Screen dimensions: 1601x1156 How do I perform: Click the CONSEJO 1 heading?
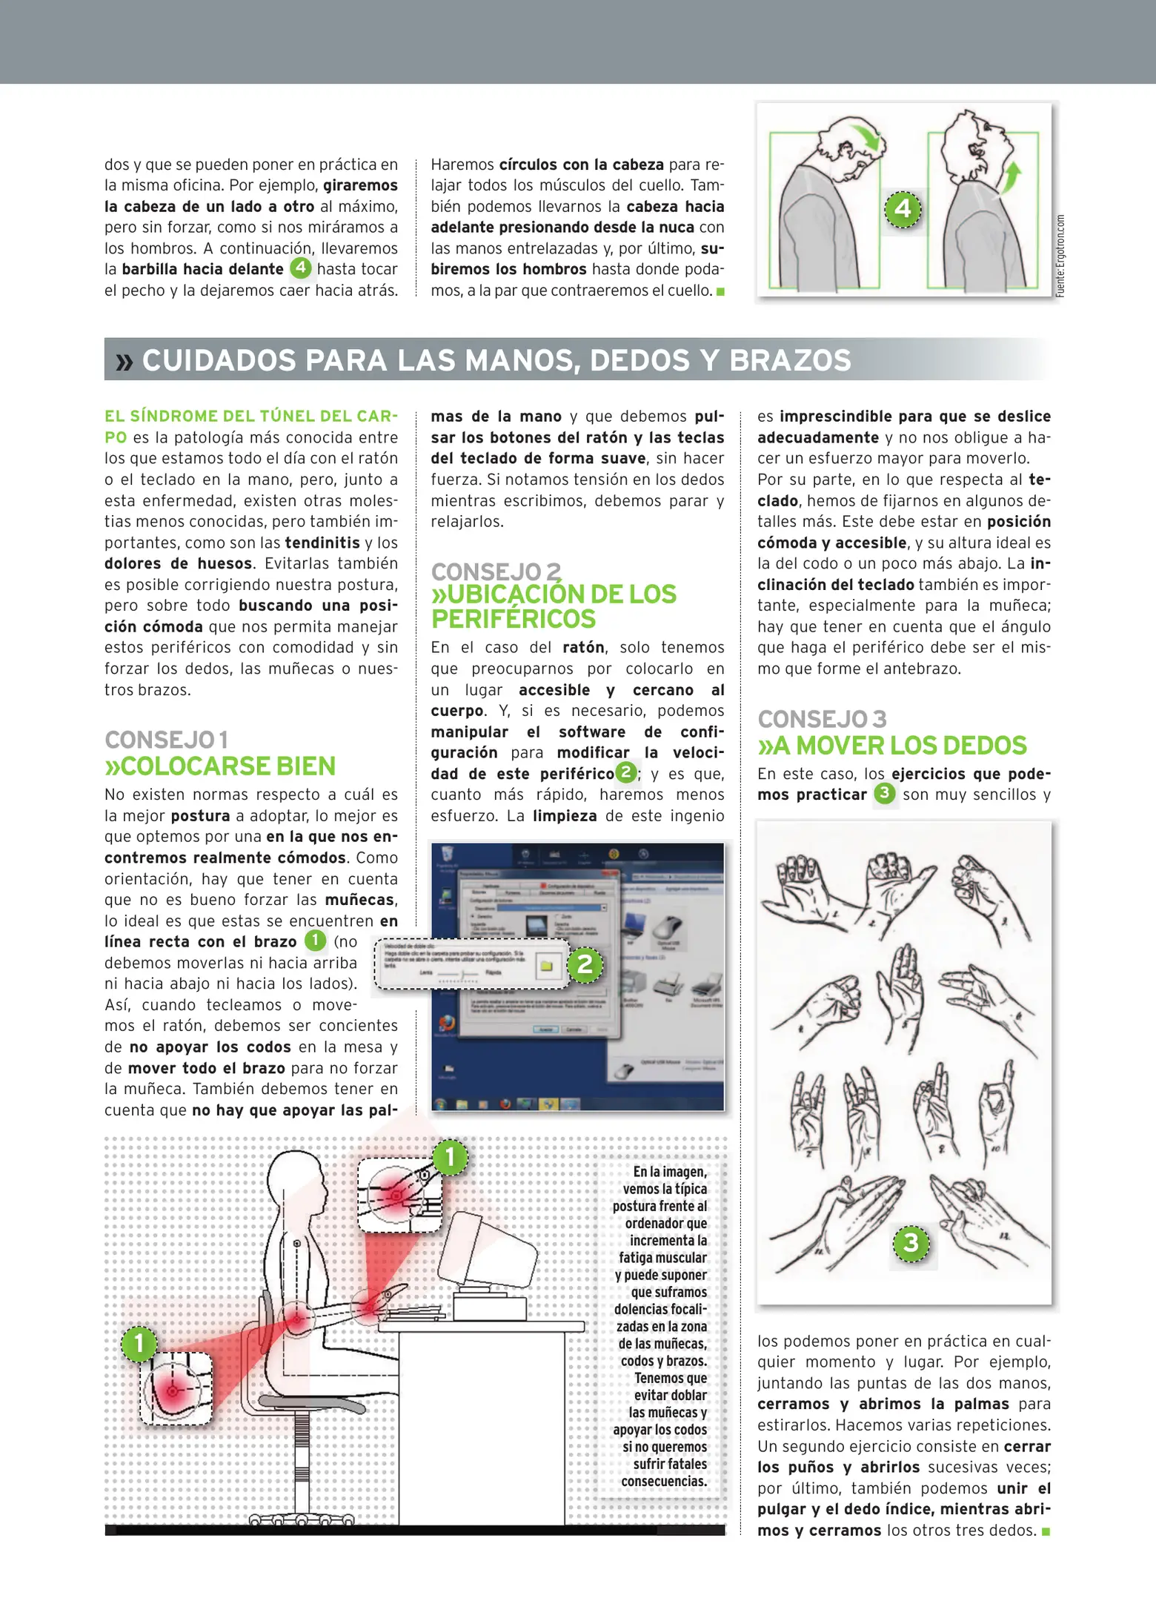coord(167,740)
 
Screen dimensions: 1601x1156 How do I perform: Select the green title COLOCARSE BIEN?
coord(220,766)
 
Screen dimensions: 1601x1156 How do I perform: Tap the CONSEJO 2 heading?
coord(496,571)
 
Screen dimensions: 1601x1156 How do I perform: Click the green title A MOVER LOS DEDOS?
coord(892,745)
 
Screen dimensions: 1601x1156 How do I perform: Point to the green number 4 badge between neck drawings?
coord(903,209)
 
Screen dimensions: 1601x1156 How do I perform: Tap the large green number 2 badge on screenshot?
coord(585,964)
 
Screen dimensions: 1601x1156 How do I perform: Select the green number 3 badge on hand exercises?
coord(911,1242)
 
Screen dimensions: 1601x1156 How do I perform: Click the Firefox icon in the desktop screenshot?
coord(446,1024)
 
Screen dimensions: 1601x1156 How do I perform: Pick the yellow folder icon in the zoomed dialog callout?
coord(547,966)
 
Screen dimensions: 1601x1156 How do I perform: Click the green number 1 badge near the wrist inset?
coord(450,1157)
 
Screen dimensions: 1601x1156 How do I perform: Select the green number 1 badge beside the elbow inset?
coord(139,1343)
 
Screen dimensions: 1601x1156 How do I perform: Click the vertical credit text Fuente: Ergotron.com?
coord(1060,256)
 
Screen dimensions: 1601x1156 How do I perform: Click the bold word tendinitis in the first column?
coord(322,543)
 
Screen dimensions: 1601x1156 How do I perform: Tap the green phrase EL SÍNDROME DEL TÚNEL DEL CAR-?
coord(250,416)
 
